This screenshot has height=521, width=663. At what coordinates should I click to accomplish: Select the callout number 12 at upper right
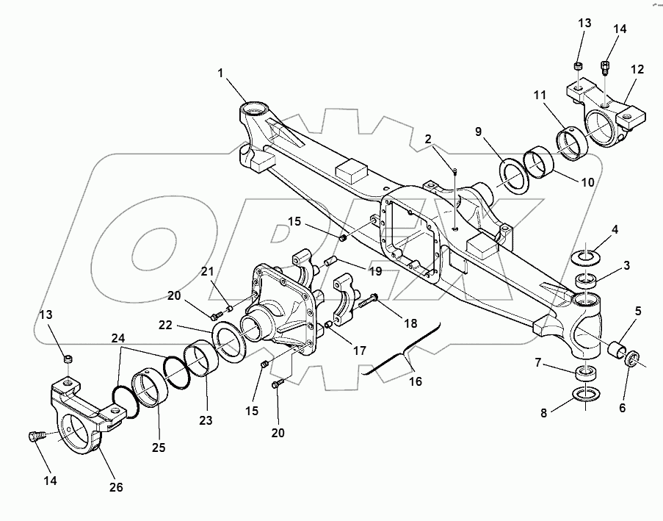637,69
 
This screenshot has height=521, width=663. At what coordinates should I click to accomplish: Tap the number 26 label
116,486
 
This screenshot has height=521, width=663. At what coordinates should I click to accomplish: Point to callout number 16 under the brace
415,382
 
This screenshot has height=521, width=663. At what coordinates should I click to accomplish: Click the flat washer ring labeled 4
586,257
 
